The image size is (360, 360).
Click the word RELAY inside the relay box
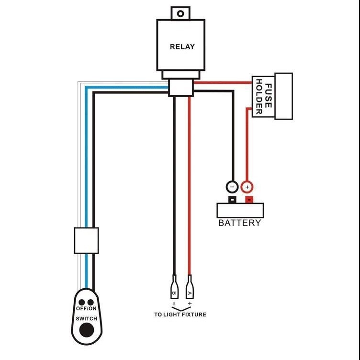click(182, 46)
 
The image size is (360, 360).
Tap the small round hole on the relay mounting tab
click(180, 14)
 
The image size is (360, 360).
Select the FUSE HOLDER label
click(264, 96)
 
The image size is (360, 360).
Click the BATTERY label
click(239, 223)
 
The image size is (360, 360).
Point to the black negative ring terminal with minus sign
click(232, 187)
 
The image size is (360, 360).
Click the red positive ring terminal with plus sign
click(247, 187)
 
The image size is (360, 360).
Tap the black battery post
click(232, 200)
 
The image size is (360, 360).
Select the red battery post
click(249, 200)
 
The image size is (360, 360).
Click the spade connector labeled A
click(190, 287)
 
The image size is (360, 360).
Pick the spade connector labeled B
click(174, 287)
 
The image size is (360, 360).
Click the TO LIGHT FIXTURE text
click(180, 315)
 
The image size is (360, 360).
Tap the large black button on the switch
click(87, 330)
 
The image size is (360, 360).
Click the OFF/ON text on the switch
click(86, 309)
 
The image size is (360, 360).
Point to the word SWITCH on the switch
click(86, 319)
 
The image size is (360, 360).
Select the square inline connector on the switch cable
click(86, 240)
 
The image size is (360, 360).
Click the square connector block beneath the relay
click(181, 87)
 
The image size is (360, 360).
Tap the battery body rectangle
click(240, 210)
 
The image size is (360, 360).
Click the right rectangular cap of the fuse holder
click(283, 96)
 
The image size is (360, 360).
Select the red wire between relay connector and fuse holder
click(223, 82)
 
